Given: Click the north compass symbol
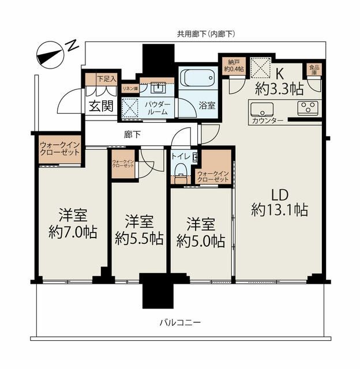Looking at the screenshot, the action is coord(50,55).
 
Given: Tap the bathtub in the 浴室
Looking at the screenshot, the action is coord(198,77).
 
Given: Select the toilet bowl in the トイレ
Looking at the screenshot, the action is coord(181,169).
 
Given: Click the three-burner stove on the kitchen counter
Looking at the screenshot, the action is coord(307,108).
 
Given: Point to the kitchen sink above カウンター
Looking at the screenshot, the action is coord(262,110).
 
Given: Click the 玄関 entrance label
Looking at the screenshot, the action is coord(101,106).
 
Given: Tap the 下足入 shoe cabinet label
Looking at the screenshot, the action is coord(107,79).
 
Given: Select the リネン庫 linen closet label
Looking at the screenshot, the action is coord(130,89).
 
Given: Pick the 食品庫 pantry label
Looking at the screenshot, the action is coord(314,70).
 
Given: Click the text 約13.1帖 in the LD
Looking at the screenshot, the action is coord(279,210).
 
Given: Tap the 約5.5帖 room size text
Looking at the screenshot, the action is coord(139,238).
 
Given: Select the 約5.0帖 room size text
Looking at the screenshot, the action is coord(201,241).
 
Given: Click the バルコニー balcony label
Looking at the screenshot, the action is coord(180,322).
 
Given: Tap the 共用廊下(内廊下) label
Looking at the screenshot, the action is coord(206,35).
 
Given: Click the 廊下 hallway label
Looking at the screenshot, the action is coord(132,134).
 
